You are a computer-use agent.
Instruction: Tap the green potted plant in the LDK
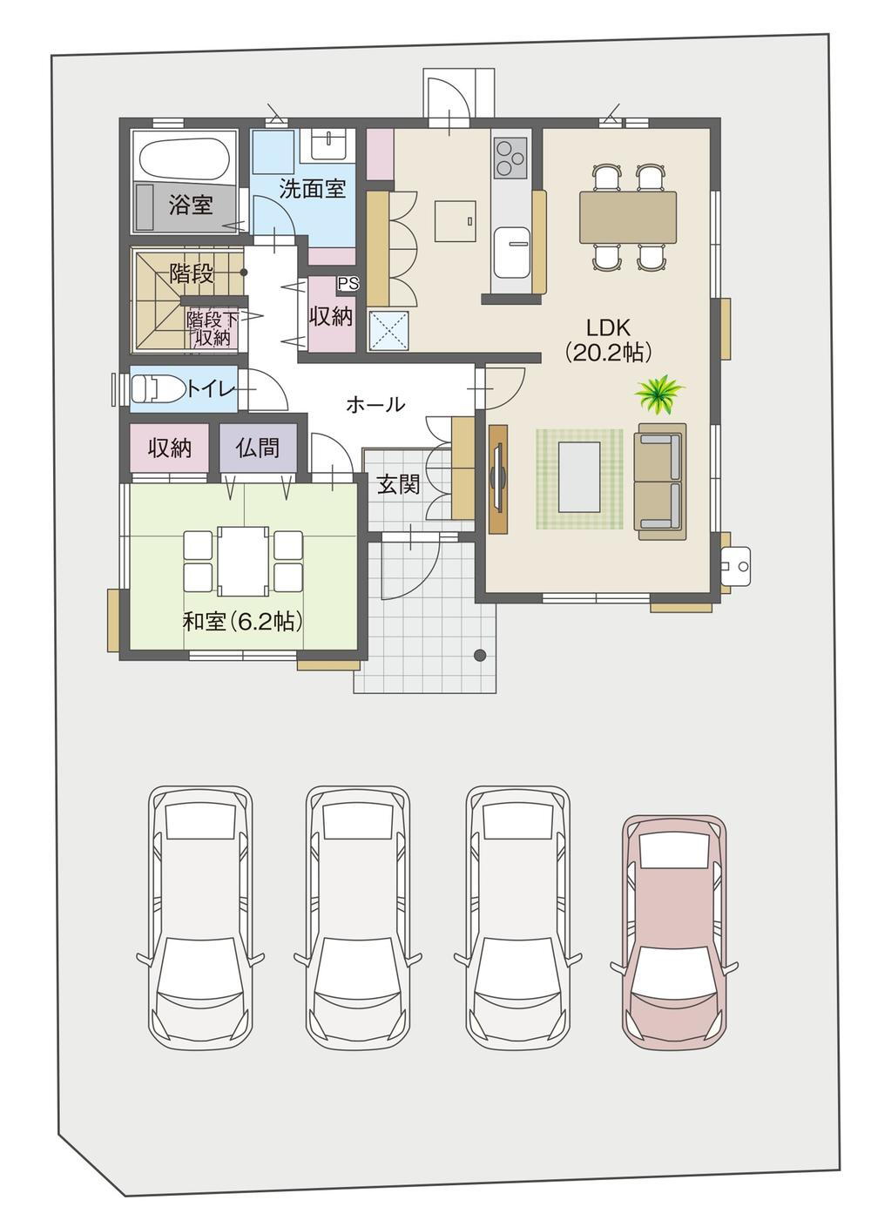pos(659,394)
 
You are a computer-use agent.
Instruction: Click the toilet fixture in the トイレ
pos(156,388)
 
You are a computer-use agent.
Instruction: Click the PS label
pos(348,283)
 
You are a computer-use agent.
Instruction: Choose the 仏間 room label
pos(258,448)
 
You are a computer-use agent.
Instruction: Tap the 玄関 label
pos(398,484)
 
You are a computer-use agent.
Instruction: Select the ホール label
pos(375,405)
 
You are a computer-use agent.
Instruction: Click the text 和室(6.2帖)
pos(243,622)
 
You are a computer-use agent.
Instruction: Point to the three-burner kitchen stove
pos(510,158)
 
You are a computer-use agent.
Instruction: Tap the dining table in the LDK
pos(628,216)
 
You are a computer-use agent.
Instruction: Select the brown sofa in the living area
pos(660,476)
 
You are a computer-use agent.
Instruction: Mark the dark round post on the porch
pos(480,654)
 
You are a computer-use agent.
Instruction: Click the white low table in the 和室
pos(243,562)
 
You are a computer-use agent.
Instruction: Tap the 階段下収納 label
pos(209,328)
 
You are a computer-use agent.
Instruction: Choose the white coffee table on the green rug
pos(579,476)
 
